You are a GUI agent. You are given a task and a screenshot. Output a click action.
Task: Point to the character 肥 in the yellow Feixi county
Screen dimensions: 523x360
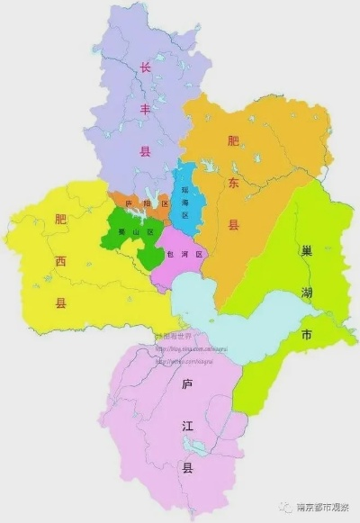coord(60,219)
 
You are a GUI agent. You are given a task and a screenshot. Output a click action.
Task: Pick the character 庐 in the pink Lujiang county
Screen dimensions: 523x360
coord(187,384)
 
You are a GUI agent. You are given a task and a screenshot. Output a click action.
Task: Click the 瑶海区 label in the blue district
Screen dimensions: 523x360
coord(185,203)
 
